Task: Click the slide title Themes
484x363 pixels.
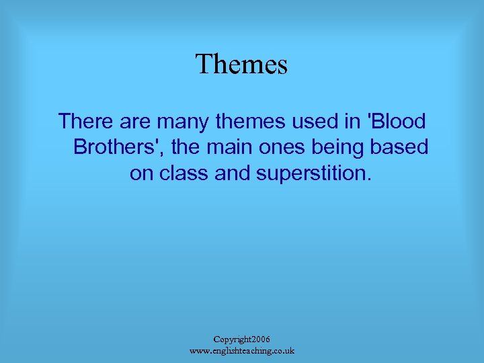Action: coord(241,65)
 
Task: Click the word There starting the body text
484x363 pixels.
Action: coord(84,122)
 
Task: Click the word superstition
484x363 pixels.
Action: coord(313,173)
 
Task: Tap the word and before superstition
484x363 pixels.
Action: coord(233,173)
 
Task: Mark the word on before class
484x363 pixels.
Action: coord(142,173)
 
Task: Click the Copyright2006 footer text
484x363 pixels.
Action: coord(241,339)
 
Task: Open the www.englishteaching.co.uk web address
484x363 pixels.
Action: coord(241,351)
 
